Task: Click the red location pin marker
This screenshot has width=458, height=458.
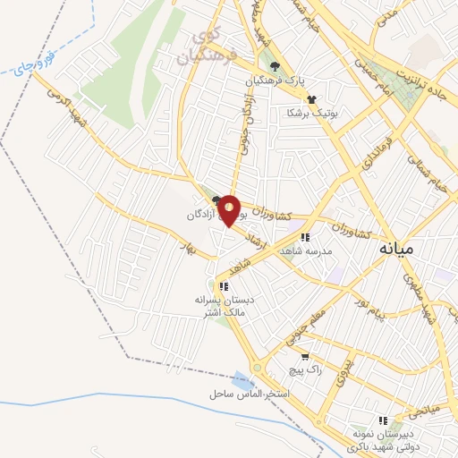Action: coord(230,210)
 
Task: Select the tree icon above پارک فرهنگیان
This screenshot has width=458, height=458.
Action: coord(276,66)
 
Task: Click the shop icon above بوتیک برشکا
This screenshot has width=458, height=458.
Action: coord(310,99)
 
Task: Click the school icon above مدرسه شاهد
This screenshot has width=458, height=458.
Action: coord(304,238)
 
